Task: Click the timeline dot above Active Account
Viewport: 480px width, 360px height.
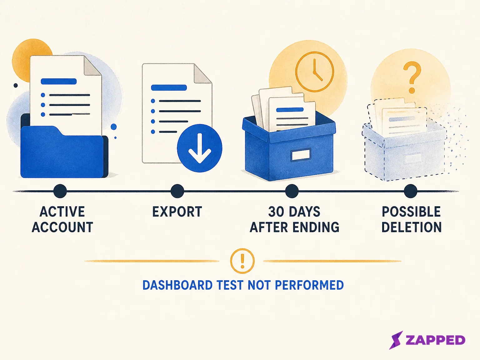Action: (60, 191)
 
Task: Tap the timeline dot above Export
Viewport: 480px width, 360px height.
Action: (177, 191)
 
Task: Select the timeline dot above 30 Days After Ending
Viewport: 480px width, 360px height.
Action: (292, 191)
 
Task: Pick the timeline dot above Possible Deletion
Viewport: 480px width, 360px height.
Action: (410, 191)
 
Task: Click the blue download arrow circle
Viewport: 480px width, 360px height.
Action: (199, 148)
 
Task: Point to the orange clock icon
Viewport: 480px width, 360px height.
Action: (314, 72)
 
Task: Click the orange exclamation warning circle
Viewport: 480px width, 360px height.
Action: (242, 261)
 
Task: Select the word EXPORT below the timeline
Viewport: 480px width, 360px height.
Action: (177, 212)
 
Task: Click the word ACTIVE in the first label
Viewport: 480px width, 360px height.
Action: (62, 212)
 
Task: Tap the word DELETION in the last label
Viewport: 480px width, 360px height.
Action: (412, 227)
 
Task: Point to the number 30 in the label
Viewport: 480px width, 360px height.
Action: (277, 212)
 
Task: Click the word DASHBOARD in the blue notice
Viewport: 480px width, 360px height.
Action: (177, 285)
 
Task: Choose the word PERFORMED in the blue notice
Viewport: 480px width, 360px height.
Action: (309, 285)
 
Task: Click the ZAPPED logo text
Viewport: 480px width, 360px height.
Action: (435, 340)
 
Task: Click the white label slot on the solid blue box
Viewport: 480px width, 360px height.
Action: (301, 155)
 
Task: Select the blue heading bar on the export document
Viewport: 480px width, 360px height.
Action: (169, 87)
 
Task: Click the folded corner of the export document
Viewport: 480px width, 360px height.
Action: (202, 74)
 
